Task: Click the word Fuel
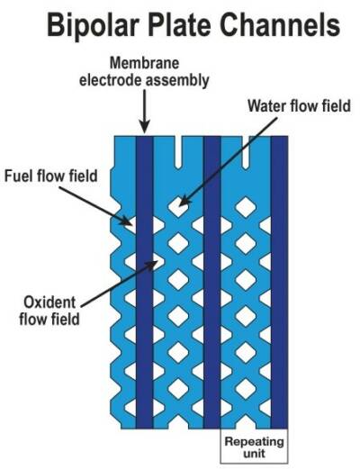[x=26, y=175]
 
